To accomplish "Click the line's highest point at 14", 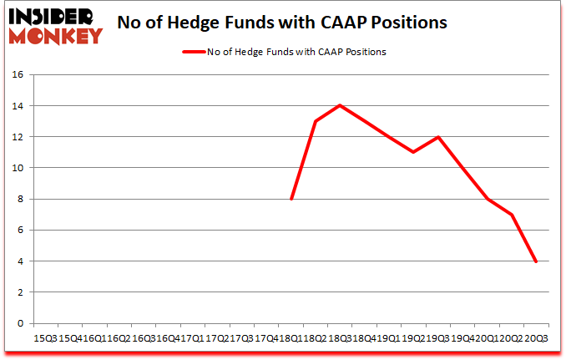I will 340,105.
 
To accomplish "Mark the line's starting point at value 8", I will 291,199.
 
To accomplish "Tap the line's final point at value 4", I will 535,261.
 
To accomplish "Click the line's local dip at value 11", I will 413,152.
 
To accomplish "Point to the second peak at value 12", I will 437,137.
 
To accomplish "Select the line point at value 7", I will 511,215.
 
